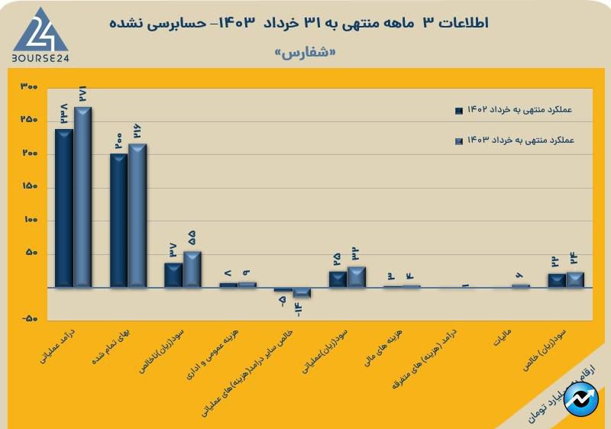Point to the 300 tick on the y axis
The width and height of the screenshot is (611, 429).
click(x=30, y=86)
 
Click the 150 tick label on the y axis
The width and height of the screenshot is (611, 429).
click(x=30, y=187)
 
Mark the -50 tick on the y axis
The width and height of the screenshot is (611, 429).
click(x=30, y=321)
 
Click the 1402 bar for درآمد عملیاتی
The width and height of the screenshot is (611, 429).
click(x=64, y=208)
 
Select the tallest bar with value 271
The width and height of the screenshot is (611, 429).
click(x=82, y=197)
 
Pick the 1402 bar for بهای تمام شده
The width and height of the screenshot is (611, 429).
click(x=119, y=221)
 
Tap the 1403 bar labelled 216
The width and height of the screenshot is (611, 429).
click(x=137, y=215)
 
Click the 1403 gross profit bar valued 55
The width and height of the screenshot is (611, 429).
click(x=192, y=269)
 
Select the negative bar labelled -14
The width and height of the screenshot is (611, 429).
click(x=302, y=292)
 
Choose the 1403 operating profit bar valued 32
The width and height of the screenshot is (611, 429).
click(x=357, y=276)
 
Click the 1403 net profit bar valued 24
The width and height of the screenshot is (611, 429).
click(x=575, y=279)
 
